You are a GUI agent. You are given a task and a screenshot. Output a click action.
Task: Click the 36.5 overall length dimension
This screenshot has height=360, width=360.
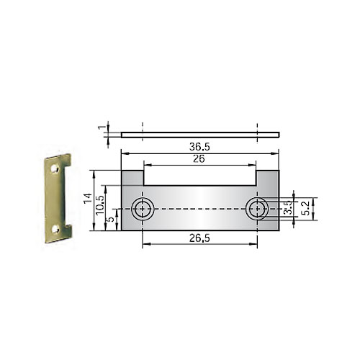click(x=199, y=147)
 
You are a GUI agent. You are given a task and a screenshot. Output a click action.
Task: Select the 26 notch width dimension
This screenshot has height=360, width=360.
click(x=199, y=159)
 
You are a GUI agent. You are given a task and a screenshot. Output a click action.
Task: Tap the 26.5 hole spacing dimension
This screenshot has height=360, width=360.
click(x=199, y=238)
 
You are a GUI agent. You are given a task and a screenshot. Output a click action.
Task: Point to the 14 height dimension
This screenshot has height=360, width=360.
click(x=88, y=198)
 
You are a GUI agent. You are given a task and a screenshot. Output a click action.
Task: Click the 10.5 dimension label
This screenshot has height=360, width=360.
click(x=100, y=205)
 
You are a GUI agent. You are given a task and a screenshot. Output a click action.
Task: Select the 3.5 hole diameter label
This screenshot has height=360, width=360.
click(x=287, y=207)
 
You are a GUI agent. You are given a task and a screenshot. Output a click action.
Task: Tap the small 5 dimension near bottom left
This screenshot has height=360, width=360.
click(x=111, y=220)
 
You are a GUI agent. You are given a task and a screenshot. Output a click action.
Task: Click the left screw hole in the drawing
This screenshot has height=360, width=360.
click(x=143, y=209)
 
